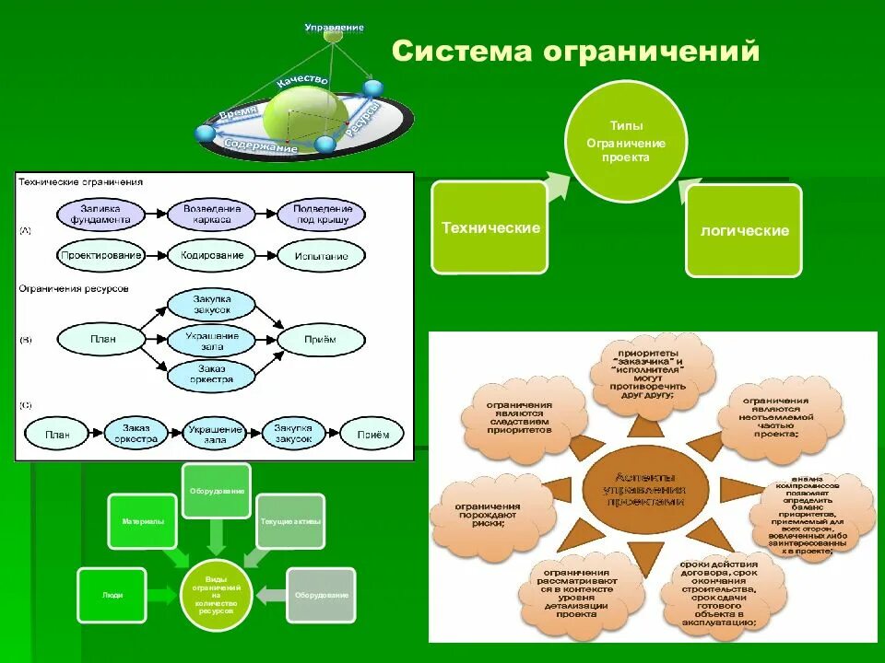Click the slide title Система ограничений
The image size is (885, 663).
coord(575,51)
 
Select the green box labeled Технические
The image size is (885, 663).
coord(490,227)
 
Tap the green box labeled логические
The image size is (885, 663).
coord(743,230)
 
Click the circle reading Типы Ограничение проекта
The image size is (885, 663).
coord(626,141)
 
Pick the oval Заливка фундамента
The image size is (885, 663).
coord(100,214)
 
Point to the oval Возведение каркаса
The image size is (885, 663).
coord(212,214)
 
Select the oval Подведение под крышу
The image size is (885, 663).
coord(322,214)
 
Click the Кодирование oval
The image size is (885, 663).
coord(212,255)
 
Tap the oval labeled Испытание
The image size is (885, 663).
coord(322,255)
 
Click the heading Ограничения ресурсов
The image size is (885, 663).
coord(74,288)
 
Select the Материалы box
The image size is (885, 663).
coord(142,522)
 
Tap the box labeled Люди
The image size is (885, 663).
coord(112,595)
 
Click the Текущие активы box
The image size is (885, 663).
coord(289,521)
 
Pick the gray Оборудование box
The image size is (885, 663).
coord(321,595)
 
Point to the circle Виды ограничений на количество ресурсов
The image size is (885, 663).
coord(216,595)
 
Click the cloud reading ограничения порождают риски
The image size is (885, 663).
coord(485,514)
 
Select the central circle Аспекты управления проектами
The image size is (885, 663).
coord(645,488)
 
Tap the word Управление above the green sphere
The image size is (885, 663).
coord(334,28)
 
